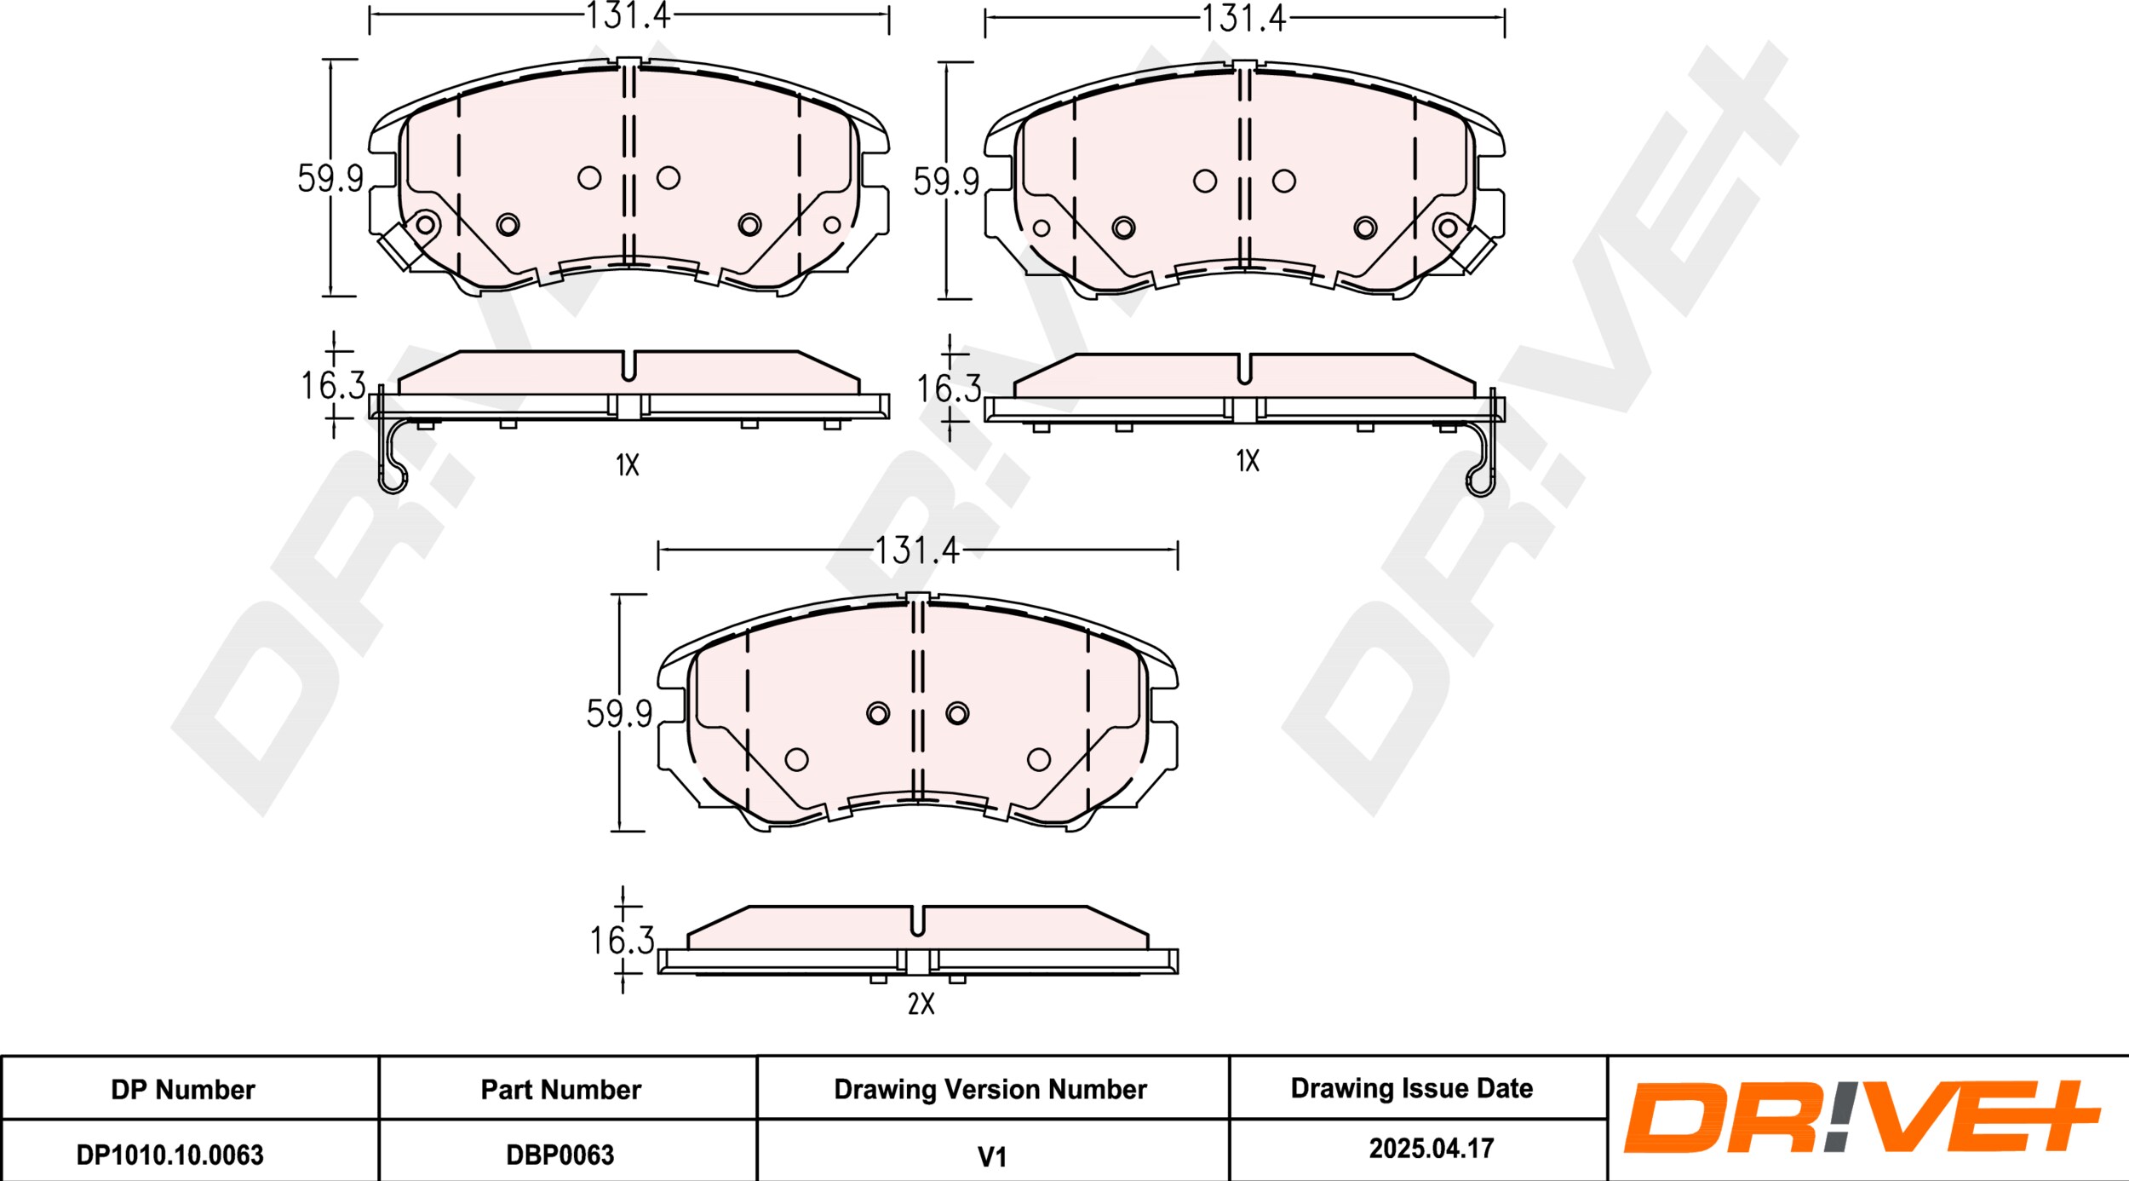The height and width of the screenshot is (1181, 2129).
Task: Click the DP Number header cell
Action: point(183,1090)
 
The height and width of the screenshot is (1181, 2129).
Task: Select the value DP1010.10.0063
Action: point(170,1155)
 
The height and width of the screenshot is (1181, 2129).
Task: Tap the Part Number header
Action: point(561,1090)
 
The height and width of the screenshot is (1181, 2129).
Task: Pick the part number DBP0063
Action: point(560,1155)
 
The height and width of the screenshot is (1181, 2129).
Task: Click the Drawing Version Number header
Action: point(990,1090)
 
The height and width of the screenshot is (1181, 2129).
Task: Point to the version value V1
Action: point(992,1157)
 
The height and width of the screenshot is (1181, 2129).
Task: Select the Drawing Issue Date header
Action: point(1412,1088)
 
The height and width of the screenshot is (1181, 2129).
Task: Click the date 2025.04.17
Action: point(1432,1149)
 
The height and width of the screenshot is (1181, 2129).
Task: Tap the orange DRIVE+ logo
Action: point(1862,1117)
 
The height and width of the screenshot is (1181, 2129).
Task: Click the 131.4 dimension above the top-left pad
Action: point(628,15)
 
